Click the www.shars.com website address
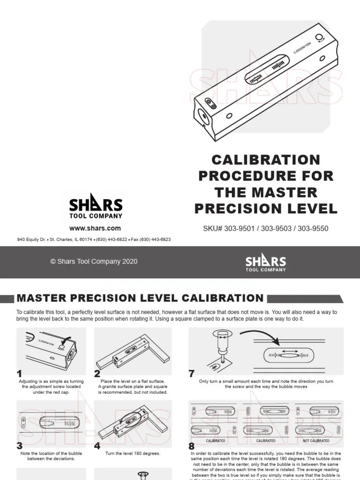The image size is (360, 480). [95, 228]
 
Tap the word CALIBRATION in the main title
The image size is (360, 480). [266, 159]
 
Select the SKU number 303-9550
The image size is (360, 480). [313, 229]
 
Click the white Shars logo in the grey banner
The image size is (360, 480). [265, 262]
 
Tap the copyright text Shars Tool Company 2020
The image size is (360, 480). [94, 262]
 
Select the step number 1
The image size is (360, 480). [19, 374]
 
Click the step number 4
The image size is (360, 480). [97, 446]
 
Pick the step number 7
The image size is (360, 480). [191, 374]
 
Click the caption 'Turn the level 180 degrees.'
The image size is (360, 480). [133, 454]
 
